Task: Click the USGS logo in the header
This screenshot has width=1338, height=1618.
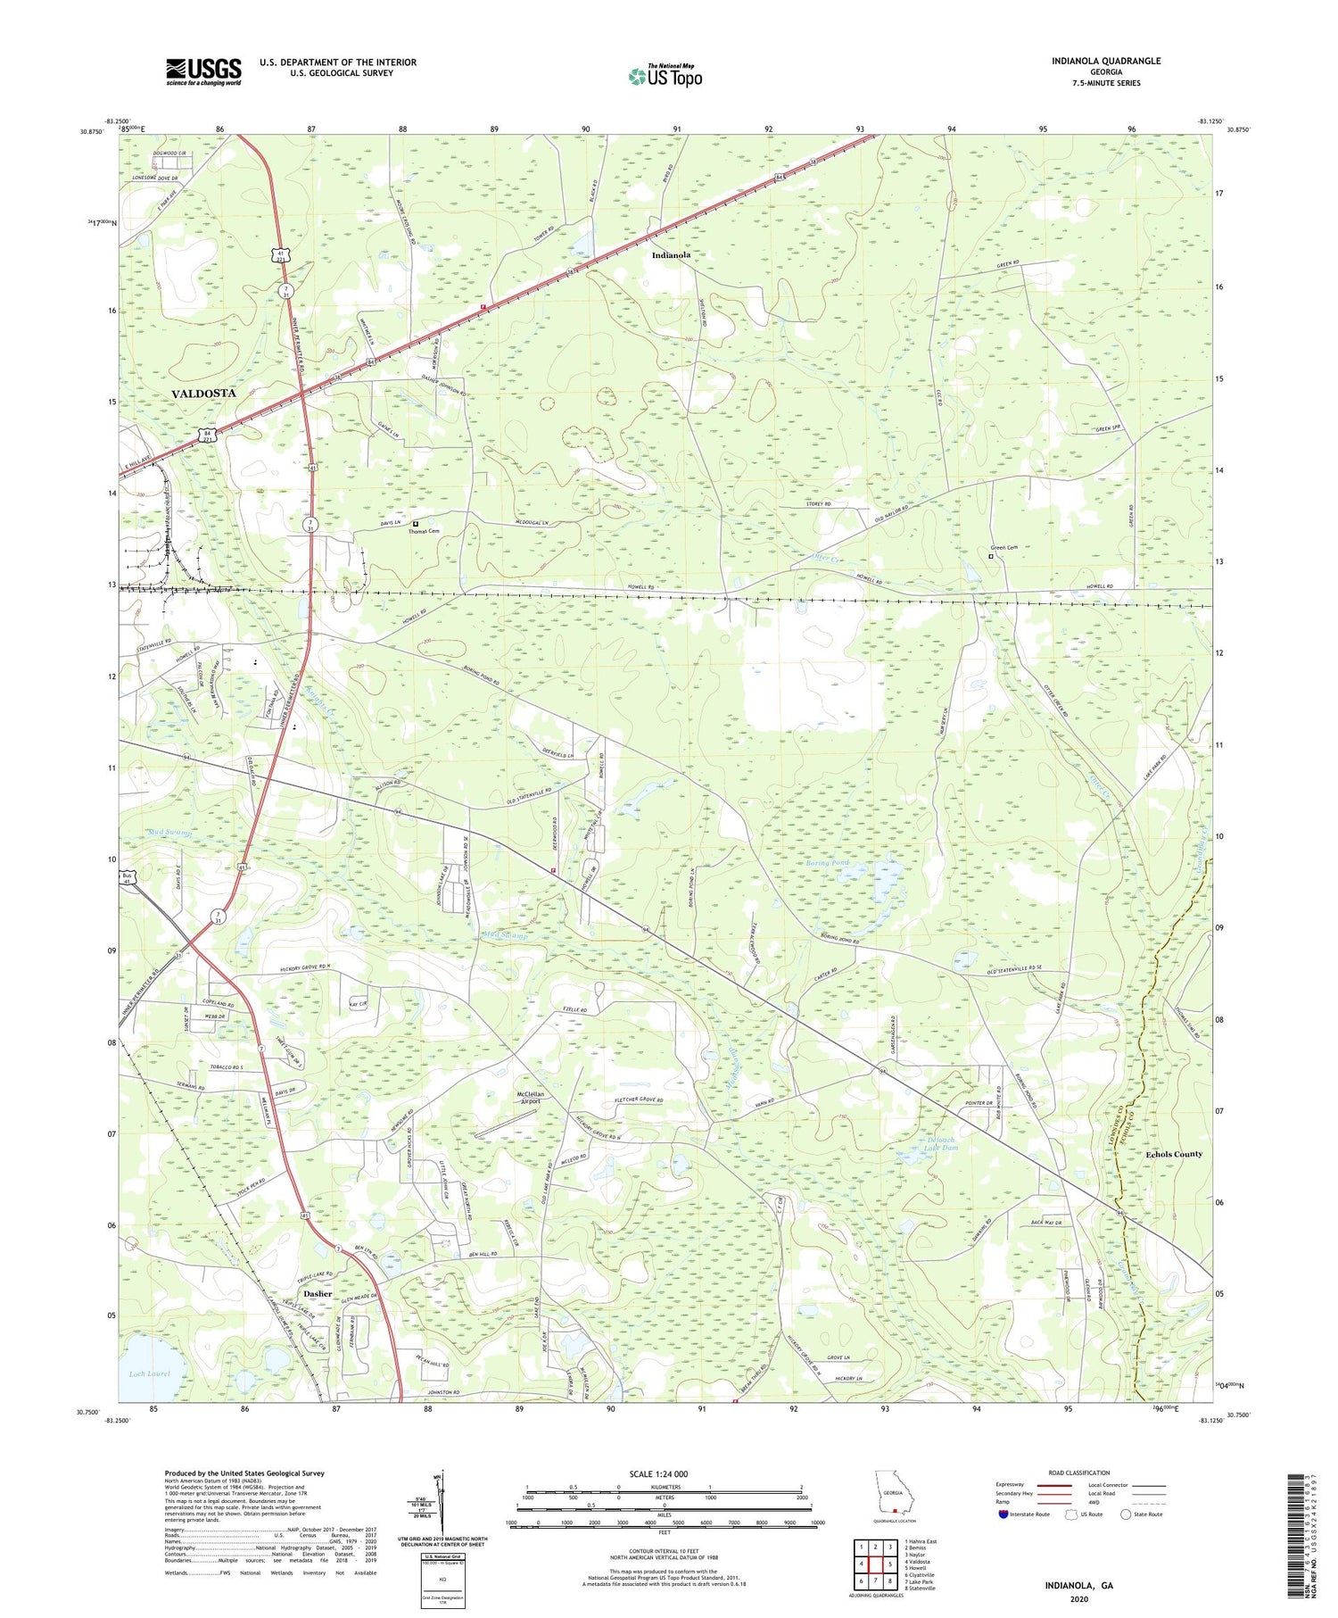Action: pyautogui.click(x=203, y=71)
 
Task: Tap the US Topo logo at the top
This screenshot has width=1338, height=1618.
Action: pyautogui.click(x=665, y=76)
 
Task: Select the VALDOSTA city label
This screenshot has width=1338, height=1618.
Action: pyautogui.click(x=203, y=393)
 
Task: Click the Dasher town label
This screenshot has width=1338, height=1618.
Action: pyautogui.click(x=317, y=1293)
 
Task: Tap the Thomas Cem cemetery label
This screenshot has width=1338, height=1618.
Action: pyautogui.click(x=424, y=531)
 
